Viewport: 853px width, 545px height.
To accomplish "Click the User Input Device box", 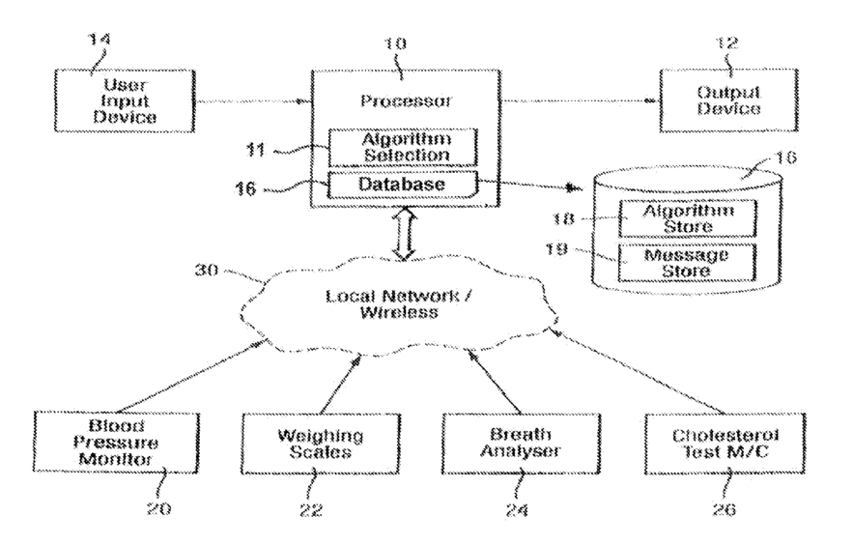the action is pyautogui.click(x=125, y=100).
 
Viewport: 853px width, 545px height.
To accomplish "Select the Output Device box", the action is pyautogui.click(x=729, y=100).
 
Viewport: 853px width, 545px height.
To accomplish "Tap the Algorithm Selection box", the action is pyautogui.click(x=403, y=148).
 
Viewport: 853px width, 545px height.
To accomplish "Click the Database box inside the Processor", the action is pyautogui.click(x=403, y=185).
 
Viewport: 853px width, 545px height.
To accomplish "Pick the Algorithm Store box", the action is pyautogui.click(x=688, y=218).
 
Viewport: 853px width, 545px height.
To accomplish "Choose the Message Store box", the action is pyautogui.click(x=688, y=263).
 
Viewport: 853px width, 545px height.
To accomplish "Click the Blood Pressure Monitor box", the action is pyautogui.click(x=116, y=443).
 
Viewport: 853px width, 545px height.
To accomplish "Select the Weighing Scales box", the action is pyautogui.click(x=321, y=444).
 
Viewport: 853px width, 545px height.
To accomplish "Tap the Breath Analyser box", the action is pyautogui.click(x=521, y=444).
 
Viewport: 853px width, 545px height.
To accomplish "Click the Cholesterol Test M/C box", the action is pyautogui.click(x=725, y=444).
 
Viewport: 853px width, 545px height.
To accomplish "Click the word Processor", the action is pyautogui.click(x=406, y=100).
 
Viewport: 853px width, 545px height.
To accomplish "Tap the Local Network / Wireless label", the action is pyautogui.click(x=399, y=304).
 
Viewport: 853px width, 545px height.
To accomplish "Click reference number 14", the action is pyautogui.click(x=100, y=40).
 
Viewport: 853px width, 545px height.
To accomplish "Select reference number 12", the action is pyautogui.click(x=727, y=43).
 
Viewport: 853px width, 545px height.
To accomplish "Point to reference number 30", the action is pyautogui.click(x=207, y=270).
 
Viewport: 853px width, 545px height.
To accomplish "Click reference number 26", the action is pyautogui.click(x=725, y=509).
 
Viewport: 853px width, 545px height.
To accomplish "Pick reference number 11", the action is pyautogui.click(x=256, y=149).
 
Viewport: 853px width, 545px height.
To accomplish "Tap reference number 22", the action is pyautogui.click(x=311, y=509).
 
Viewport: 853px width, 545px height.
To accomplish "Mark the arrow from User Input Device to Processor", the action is pyautogui.click(x=253, y=101).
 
